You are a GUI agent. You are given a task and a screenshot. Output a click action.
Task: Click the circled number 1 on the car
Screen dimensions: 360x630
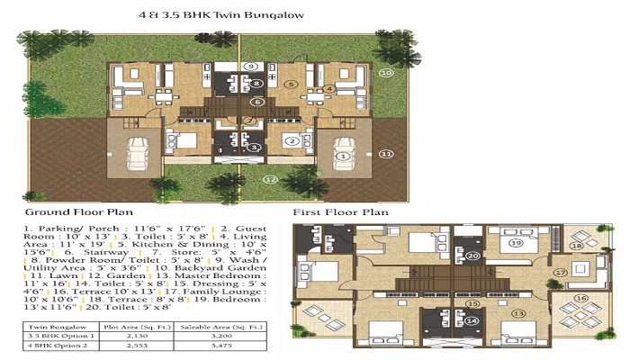342,155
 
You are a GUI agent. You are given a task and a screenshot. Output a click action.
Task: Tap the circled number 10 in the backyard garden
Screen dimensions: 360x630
385,72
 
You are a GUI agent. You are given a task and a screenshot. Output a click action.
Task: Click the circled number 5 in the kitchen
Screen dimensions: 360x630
291,84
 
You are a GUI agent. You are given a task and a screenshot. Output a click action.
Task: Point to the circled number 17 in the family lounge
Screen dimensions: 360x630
560,272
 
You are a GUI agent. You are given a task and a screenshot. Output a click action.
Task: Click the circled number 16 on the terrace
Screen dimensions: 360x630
580,298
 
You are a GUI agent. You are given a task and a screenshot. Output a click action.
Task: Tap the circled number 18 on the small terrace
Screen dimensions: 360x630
578,245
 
